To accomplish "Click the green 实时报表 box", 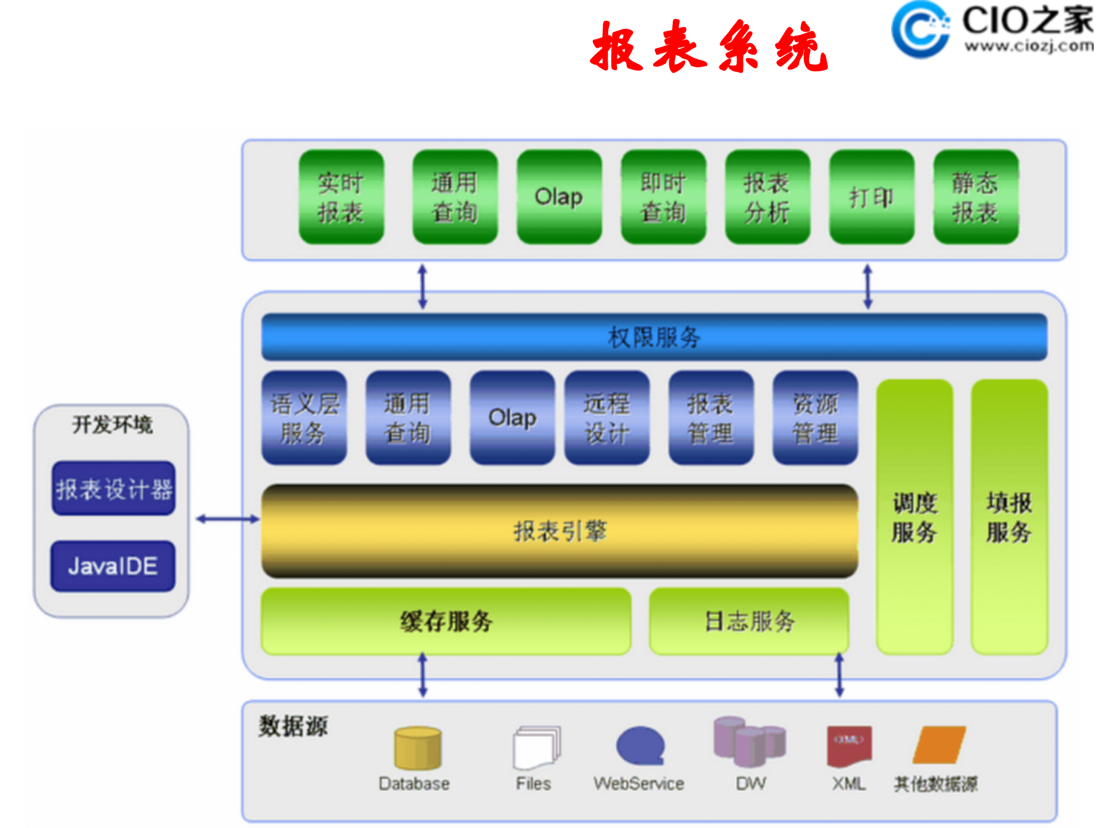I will click(x=341, y=197).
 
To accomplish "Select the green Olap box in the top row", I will click(x=559, y=197).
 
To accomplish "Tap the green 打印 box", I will click(x=871, y=197).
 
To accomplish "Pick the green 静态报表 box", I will click(x=976, y=197).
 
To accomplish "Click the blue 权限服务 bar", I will click(x=654, y=337).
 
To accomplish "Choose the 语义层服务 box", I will click(x=304, y=418).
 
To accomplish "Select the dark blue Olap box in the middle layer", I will click(x=512, y=418).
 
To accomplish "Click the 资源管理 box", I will click(x=815, y=418).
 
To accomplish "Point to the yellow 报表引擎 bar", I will click(x=559, y=531).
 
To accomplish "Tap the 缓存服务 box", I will click(x=446, y=621).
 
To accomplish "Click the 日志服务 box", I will click(x=749, y=621).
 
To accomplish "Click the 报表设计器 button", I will click(x=113, y=489).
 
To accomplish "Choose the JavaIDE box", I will click(x=113, y=566).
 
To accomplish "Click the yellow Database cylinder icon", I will click(x=417, y=748).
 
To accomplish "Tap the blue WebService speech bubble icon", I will click(x=640, y=746).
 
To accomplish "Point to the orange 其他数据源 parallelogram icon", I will click(x=939, y=745).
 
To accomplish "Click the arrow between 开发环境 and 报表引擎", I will click(x=227, y=519).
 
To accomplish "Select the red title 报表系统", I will click(x=709, y=47).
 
